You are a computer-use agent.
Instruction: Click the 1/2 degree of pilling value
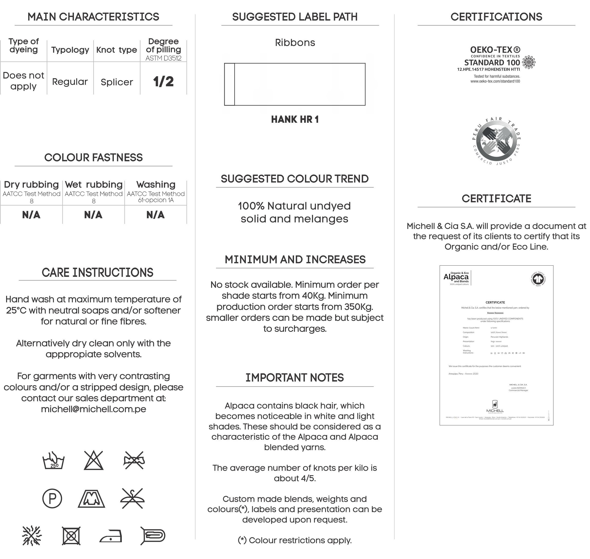[163, 81]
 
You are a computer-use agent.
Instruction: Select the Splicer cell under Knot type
[116, 82]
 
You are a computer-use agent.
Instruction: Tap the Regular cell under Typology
[70, 82]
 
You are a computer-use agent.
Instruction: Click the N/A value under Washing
[155, 215]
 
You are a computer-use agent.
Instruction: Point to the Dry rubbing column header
[31, 184]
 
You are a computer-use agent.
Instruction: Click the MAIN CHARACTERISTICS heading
[93, 17]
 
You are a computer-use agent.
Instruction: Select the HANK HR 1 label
[295, 120]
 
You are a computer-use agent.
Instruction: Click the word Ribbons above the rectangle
[295, 43]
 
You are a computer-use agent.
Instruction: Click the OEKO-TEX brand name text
[495, 50]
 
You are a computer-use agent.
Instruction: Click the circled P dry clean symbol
[52, 498]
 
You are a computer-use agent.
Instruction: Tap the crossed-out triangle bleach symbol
[94, 461]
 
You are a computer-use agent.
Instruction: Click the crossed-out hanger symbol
[133, 498]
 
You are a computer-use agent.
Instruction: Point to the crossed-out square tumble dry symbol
[71, 536]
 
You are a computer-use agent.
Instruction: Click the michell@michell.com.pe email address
[93, 409]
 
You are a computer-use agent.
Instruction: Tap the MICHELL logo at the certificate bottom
[495, 407]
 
